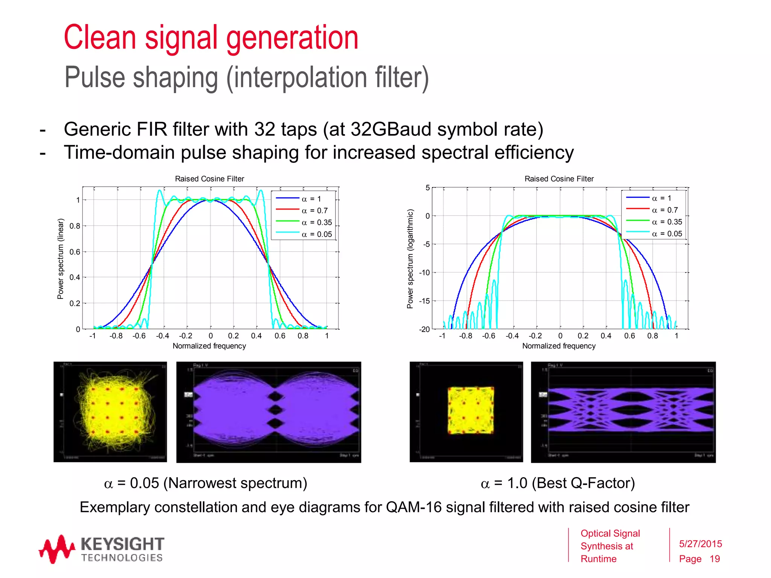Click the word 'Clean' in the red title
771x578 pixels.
(x=100, y=37)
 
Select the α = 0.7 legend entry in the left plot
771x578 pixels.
(x=314, y=211)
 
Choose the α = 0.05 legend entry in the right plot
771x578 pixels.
(x=667, y=234)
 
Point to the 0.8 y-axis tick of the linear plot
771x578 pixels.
(x=75, y=226)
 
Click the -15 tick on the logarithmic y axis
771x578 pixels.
(x=425, y=301)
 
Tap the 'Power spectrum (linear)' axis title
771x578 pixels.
(x=60, y=259)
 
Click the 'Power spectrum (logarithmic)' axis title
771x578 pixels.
(x=410, y=259)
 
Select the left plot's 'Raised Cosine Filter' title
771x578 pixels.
(x=209, y=179)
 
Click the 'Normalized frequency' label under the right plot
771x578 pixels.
(x=559, y=346)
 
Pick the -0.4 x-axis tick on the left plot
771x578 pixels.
(x=162, y=336)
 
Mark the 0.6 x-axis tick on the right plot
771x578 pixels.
(x=629, y=336)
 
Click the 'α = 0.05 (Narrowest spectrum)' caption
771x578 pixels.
(x=206, y=483)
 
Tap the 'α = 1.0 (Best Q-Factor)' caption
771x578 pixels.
(x=558, y=483)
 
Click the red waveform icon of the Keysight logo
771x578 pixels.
(x=56, y=549)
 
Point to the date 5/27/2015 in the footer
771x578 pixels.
(x=700, y=544)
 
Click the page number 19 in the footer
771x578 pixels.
(x=715, y=559)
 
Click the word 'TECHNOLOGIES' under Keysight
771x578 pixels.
(x=122, y=558)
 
